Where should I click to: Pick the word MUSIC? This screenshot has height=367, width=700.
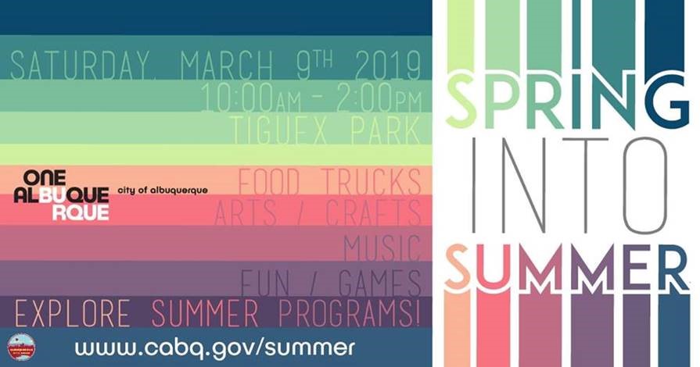pos(382,248)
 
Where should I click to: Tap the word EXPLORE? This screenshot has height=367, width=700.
pos(73,314)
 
